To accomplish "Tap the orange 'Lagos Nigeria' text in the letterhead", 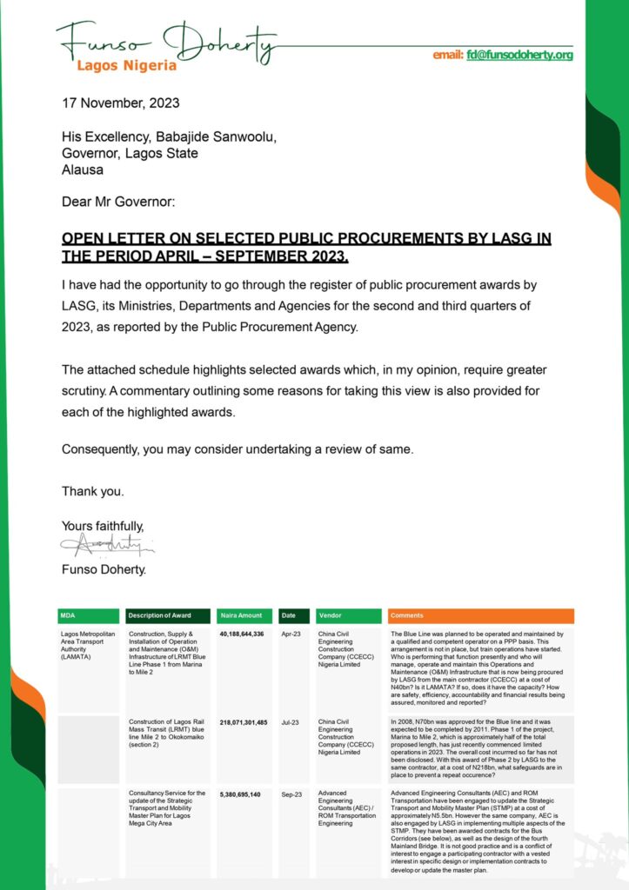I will pos(127,65).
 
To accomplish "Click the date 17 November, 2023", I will pos(121,103).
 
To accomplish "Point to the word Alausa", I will pos(84,169).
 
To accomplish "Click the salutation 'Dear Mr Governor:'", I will pos(118,203).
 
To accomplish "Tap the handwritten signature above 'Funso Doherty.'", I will pos(107,546).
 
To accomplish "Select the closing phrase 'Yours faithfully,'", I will pos(103,526).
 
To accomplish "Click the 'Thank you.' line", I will pos(92,491).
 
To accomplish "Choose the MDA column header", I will pos(69,615).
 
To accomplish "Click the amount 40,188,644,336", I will pos(242,634).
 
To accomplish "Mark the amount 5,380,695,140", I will pos(240,794).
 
